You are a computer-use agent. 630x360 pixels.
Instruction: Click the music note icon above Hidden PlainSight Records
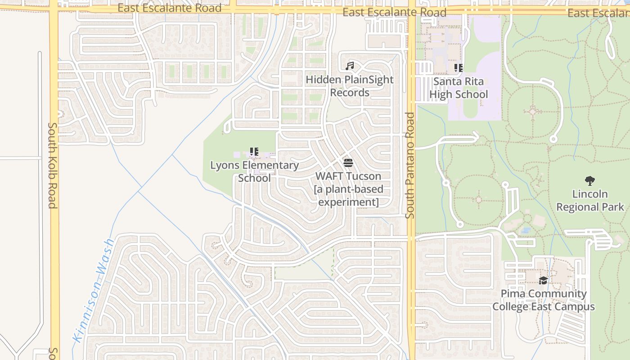(350, 66)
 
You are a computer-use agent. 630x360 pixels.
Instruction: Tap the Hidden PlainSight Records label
(350, 86)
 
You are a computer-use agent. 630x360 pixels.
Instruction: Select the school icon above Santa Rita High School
(458, 68)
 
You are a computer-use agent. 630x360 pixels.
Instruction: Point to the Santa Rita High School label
(458, 88)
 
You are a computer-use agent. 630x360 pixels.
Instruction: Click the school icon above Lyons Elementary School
(254, 152)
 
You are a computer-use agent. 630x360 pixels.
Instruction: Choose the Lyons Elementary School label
(255, 171)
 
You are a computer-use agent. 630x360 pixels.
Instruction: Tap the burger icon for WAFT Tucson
(348, 162)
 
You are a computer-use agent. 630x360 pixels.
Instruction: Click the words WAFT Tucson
(348, 176)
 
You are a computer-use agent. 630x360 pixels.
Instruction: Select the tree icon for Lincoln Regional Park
(589, 181)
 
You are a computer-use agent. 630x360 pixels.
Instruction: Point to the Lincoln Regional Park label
(590, 201)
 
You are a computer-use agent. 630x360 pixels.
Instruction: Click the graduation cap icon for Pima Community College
(543, 280)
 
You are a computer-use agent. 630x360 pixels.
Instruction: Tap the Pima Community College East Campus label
(544, 300)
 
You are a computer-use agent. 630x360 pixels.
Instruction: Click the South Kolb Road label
(53, 166)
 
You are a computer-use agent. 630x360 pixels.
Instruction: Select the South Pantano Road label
(409, 166)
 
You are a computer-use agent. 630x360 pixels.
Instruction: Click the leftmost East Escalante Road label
(170, 8)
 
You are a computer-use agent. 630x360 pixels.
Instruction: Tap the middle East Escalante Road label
(394, 12)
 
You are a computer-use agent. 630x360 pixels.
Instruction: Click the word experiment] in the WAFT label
(348, 202)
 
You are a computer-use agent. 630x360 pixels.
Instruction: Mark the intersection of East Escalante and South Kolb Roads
(54, 8)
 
